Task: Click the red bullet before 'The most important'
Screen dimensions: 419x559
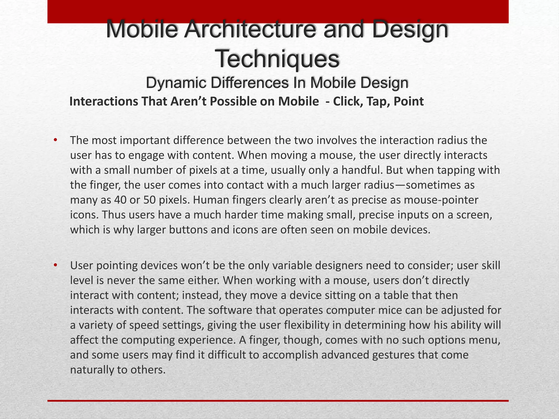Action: [55, 140]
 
